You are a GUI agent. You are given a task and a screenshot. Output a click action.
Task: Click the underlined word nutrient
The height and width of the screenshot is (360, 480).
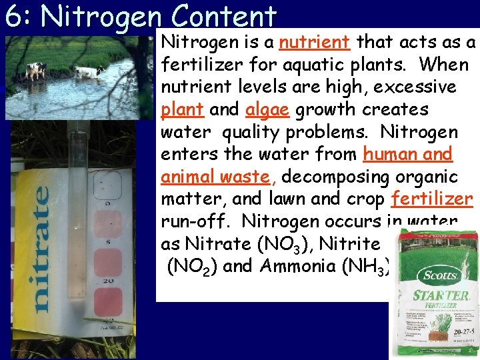[x=314, y=43]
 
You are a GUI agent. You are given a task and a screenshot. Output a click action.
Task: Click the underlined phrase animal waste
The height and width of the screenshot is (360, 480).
[x=216, y=177]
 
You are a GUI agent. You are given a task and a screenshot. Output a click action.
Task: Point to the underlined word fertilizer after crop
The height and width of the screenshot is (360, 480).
[x=432, y=199]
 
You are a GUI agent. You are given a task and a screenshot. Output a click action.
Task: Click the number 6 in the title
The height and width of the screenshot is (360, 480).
[x=13, y=16]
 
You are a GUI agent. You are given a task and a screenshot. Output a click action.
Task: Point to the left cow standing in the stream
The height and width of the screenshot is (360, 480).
[x=35, y=69]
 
